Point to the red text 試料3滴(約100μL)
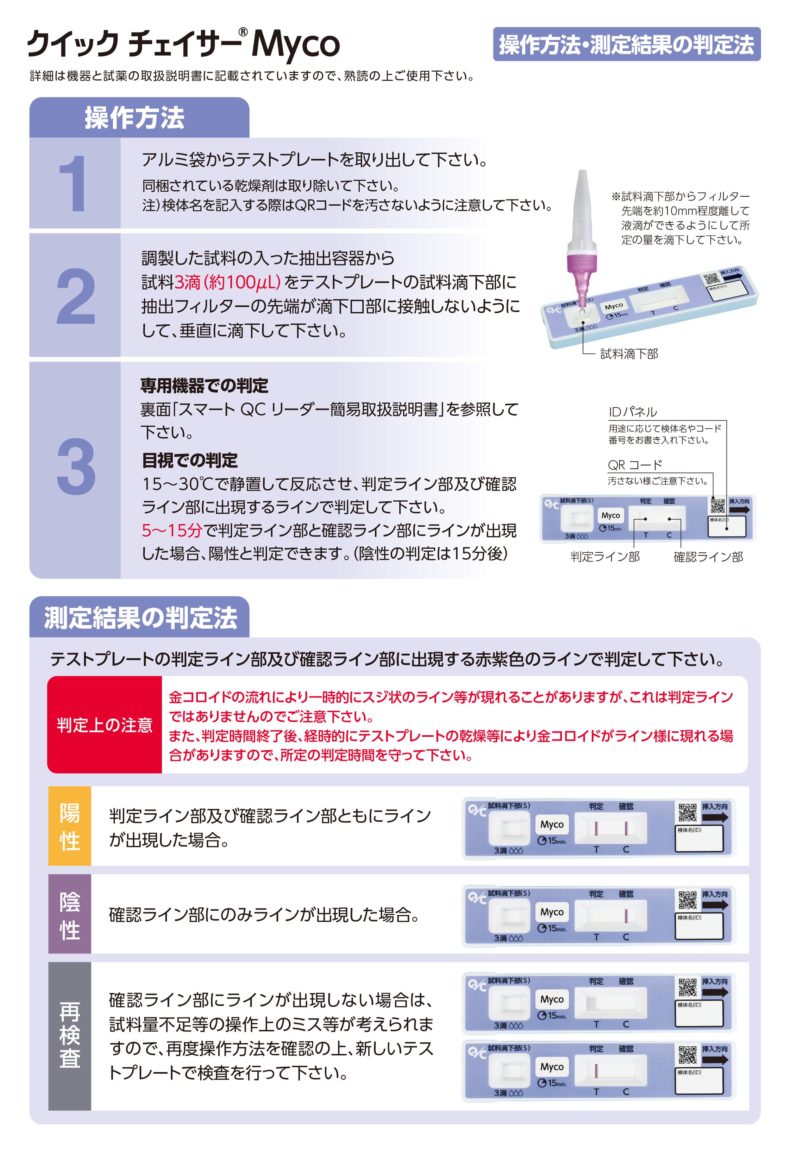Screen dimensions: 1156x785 pos(211,283)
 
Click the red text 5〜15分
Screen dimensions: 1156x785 pos(172,530)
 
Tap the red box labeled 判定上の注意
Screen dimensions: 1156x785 pos(104,725)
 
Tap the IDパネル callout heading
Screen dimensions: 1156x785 pos(632,412)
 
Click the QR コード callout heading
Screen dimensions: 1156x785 pos(635,465)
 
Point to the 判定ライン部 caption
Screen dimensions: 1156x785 pos(605,556)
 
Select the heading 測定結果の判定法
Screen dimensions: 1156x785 pos(141,618)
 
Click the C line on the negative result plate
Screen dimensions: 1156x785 pos(626,916)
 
